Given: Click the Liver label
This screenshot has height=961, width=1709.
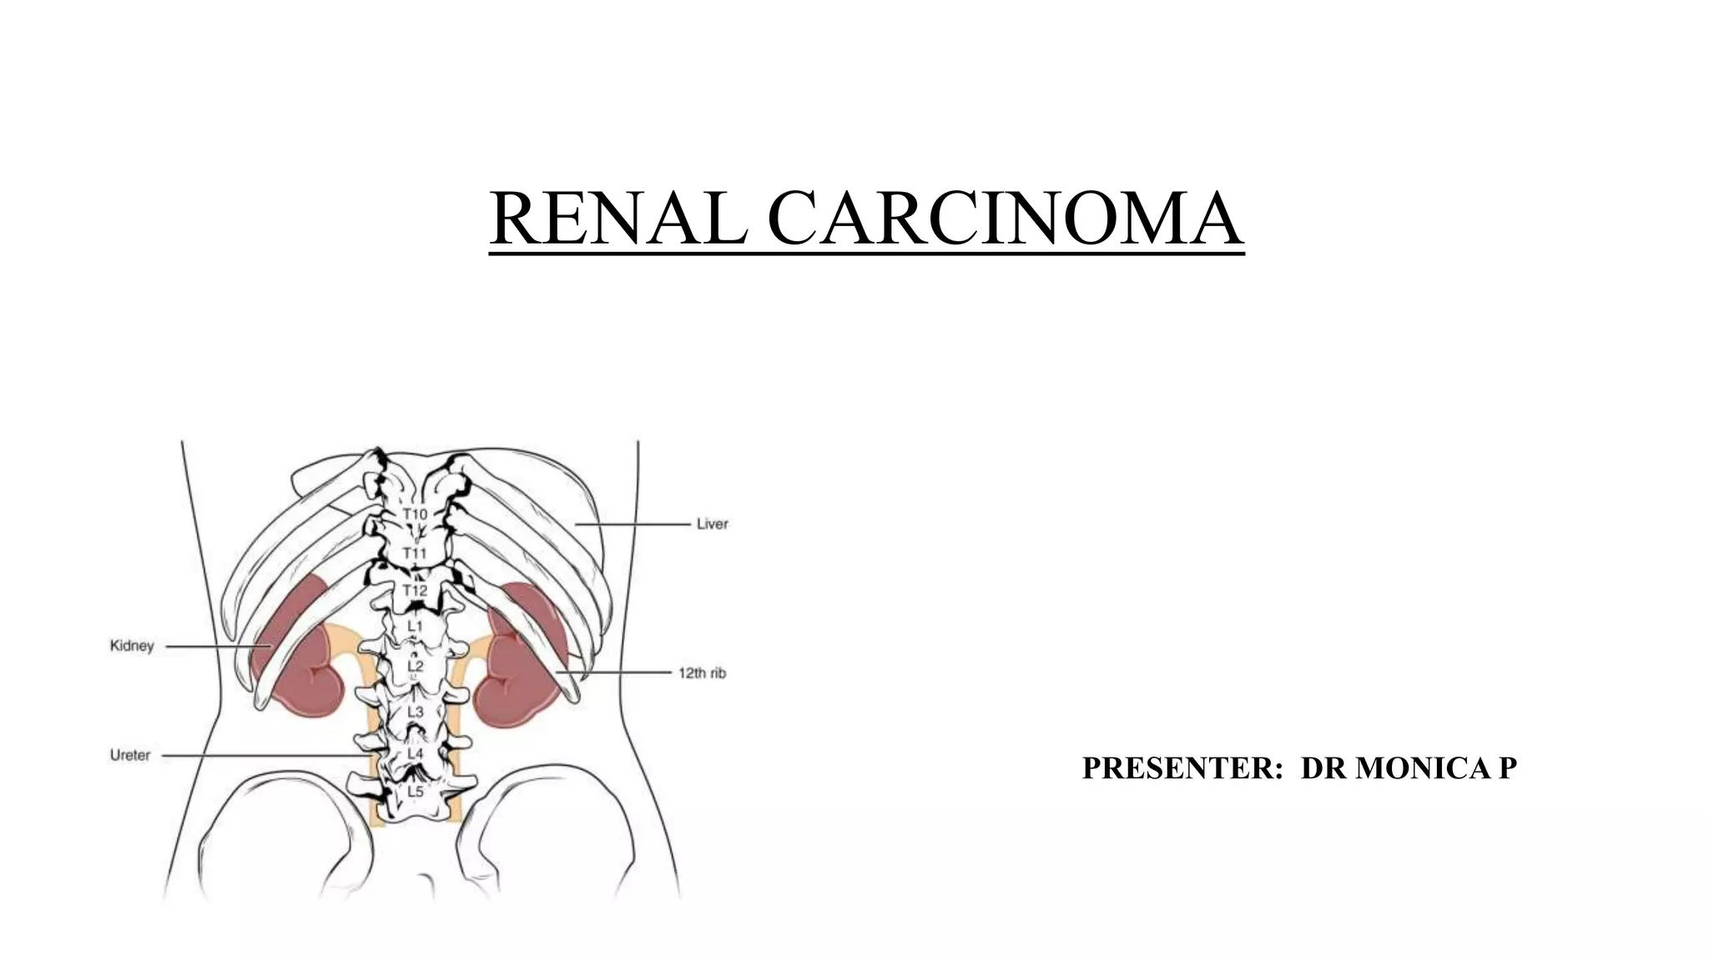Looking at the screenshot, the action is pos(712,524).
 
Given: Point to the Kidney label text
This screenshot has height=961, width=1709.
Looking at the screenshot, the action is pos(132,646).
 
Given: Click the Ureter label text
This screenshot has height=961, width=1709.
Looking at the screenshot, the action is pos(130,755).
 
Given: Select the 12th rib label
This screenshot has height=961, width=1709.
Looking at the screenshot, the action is pos(702,672).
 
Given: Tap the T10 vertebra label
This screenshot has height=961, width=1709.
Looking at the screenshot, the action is pos(415,514).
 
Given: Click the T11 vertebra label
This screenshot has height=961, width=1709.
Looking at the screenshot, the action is pos(415,553).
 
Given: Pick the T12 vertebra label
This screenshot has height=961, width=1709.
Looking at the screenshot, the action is pos(415,591).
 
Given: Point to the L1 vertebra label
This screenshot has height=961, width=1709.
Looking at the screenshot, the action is pos(415,626).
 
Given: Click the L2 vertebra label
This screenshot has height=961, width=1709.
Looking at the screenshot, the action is pos(415,667).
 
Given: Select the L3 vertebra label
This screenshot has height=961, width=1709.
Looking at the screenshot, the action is pos(415,712).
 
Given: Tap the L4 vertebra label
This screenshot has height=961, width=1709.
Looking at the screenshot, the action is pos(415,753).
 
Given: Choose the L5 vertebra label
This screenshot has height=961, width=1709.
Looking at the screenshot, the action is pos(415,790).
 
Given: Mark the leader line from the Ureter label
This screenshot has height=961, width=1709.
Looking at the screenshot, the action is pos(259,756).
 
